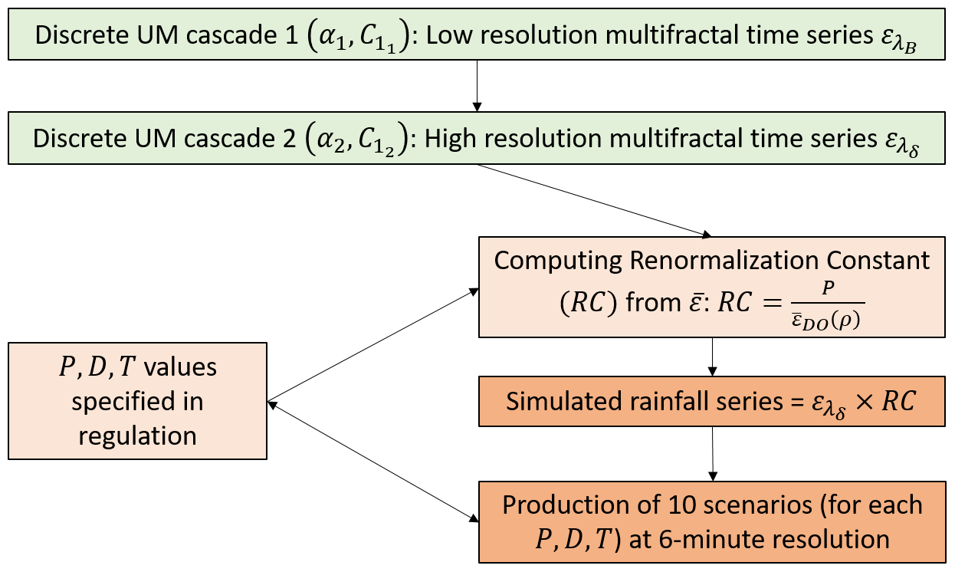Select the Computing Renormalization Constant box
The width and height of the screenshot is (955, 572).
point(712,288)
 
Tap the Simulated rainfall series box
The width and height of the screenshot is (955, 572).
point(712,402)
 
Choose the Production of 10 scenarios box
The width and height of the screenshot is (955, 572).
point(712,522)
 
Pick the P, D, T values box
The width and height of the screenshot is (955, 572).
point(137,401)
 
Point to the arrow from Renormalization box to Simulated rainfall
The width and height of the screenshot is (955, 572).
point(713,357)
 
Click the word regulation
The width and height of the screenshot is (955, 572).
point(137,436)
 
